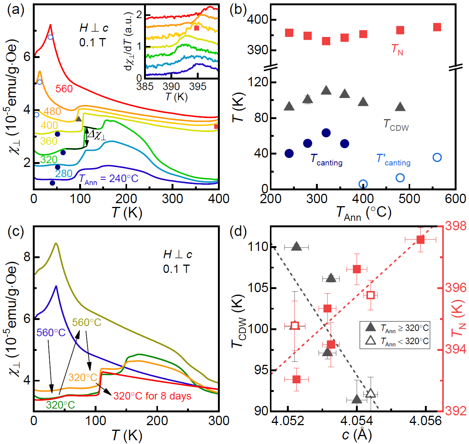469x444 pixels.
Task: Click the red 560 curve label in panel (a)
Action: pyautogui.click(x=64, y=89)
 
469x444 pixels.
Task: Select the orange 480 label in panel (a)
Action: pyautogui.click(x=52, y=112)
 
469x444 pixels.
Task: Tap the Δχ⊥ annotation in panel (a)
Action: pyautogui.click(x=97, y=135)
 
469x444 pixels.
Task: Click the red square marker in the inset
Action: pyautogui.click(x=196, y=28)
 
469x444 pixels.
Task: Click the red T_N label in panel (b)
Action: pyautogui.click(x=397, y=49)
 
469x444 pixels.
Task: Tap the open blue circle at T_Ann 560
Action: pyautogui.click(x=437, y=158)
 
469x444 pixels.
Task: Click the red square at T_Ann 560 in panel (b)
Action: pyautogui.click(x=437, y=27)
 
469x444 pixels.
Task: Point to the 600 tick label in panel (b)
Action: pyautogui.click(x=455, y=199)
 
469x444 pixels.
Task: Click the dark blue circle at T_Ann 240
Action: pyautogui.click(x=289, y=153)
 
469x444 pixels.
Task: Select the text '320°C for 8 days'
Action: pyautogui.click(x=152, y=396)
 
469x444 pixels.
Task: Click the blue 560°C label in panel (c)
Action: pyautogui.click(x=51, y=333)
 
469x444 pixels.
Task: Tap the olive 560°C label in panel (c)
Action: pyautogui.click(x=87, y=323)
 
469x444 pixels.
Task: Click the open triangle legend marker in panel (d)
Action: pyautogui.click(x=371, y=341)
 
